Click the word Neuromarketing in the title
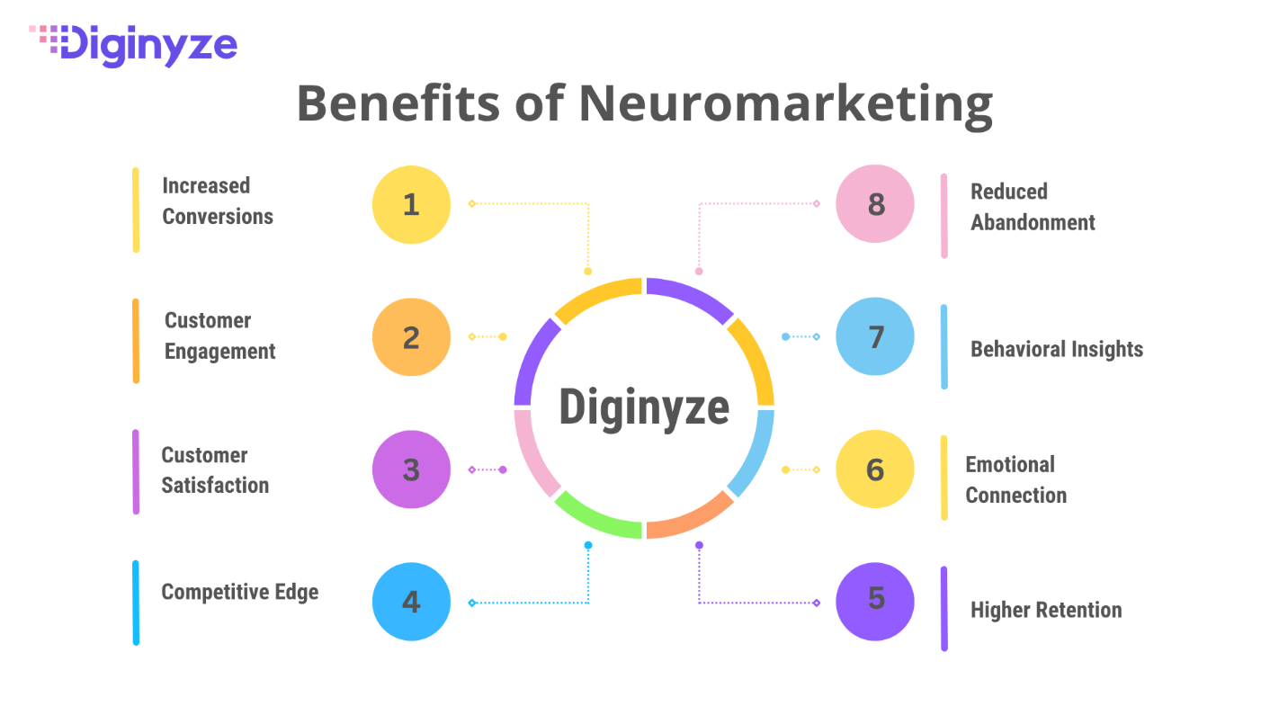coord(784,104)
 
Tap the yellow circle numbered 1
coord(411,204)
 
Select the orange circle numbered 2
coord(411,336)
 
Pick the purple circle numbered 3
coord(411,469)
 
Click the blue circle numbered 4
coord(411,602)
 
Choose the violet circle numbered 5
coord(875,602)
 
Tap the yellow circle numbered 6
coord(875,469)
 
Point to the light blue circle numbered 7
coord(875,336)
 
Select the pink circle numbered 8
coord(875,204)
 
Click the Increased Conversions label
coord(217,201)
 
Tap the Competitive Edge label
coord(239,592)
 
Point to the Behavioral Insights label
coord(1056,349)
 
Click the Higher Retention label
coord(1045,610)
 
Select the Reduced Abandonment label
coord(1032,207)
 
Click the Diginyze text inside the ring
coord(643,407)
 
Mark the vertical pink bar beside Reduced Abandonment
coord(944,216)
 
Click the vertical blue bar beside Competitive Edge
coord(136,603)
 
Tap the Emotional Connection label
coord(1015,479)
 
